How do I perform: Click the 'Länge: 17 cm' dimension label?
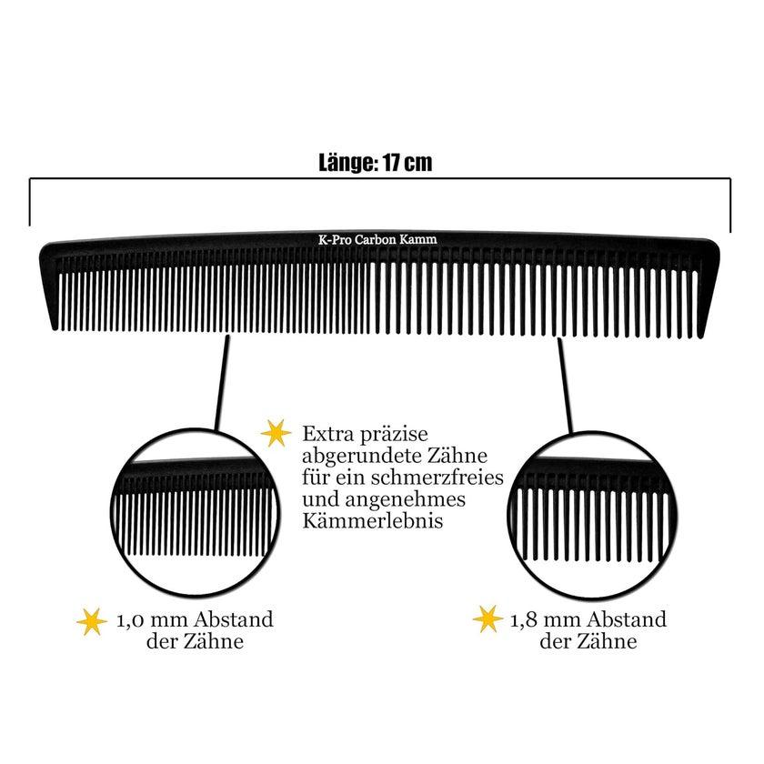(375, 163)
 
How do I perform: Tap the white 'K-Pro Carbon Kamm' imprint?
(377, 239)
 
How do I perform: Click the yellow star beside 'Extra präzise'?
(276, 433)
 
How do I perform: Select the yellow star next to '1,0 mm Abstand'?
(92, 622)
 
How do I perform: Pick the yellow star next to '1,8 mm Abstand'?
(488, 619)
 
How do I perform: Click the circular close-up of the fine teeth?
(196, 513)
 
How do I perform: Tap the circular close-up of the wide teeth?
(591, 515)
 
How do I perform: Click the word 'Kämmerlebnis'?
(372, 520)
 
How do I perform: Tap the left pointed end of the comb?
(55, 327)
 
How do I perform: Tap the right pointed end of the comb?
(700, 336)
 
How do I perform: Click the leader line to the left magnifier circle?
(222, 383)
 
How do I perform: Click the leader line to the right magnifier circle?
(565, 386)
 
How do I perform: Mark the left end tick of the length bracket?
(30, 202)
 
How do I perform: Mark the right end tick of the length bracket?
(730, 205)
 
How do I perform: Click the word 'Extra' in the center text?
(326, 433)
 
